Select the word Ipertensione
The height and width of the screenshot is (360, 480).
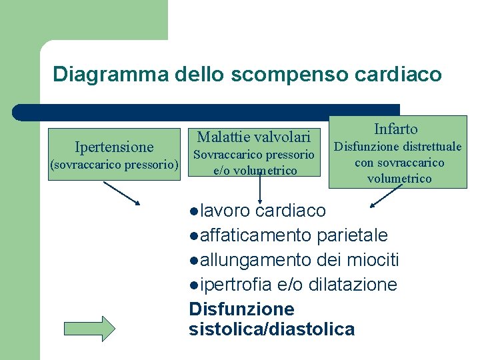click(114, 147)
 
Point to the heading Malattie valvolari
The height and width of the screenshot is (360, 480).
click(253, 137)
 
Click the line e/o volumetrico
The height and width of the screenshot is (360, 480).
click(254, 171)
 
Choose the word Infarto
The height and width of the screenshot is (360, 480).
click(396, 129)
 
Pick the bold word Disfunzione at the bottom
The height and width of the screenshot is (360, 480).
click(241, 309)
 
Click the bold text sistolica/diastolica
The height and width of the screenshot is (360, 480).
click(272, 329)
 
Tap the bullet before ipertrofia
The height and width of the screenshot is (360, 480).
click(193, 285)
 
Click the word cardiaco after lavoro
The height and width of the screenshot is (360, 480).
click(291, 211)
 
